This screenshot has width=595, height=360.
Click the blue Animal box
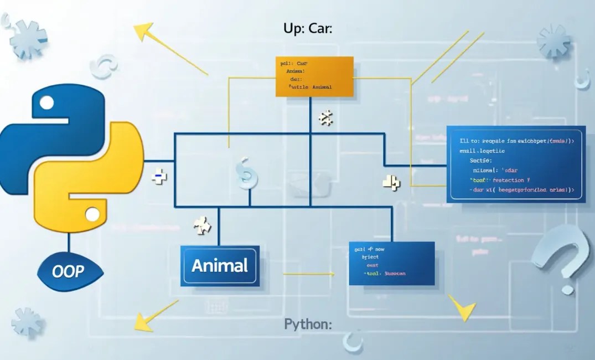(220, 266)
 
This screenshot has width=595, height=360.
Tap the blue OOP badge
(69, 271)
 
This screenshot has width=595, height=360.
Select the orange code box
(314, 76)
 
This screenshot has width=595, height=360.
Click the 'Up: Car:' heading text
(307, 29)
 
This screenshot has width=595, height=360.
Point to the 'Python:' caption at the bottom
(308, 324)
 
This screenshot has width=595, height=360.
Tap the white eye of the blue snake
(46, 102)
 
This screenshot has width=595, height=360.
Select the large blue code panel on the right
(515, 164)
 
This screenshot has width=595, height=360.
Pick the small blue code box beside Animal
(391, 263)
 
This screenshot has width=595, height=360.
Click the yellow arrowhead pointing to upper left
(143, 31)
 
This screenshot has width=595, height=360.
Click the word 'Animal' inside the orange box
(322, 87)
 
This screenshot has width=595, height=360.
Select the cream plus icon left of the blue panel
(391, 183)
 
